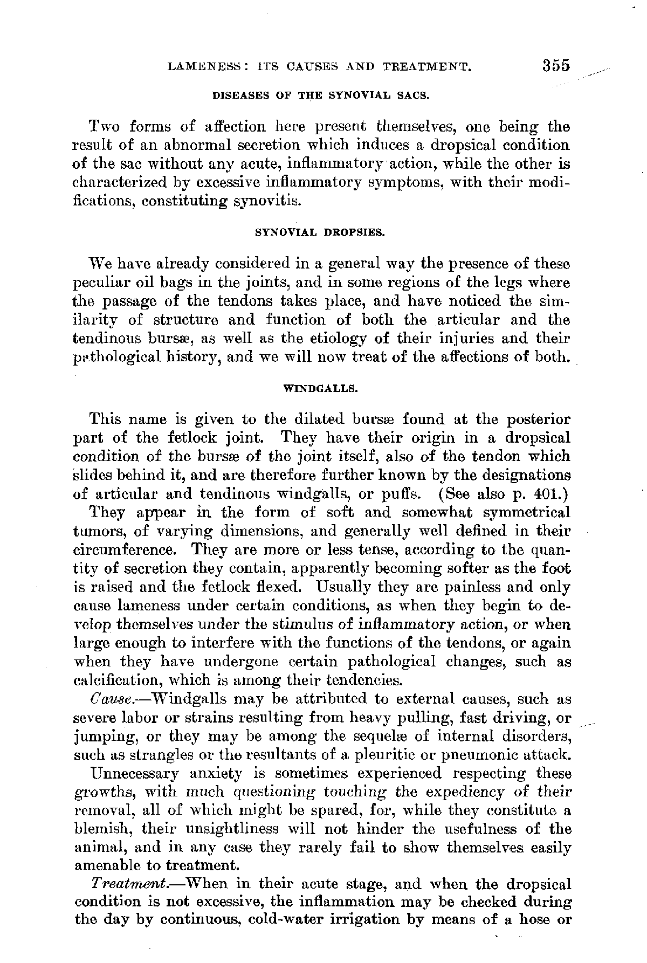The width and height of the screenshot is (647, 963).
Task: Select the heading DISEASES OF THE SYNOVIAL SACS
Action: click(321, 97)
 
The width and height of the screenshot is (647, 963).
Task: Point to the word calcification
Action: click(106, 680)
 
